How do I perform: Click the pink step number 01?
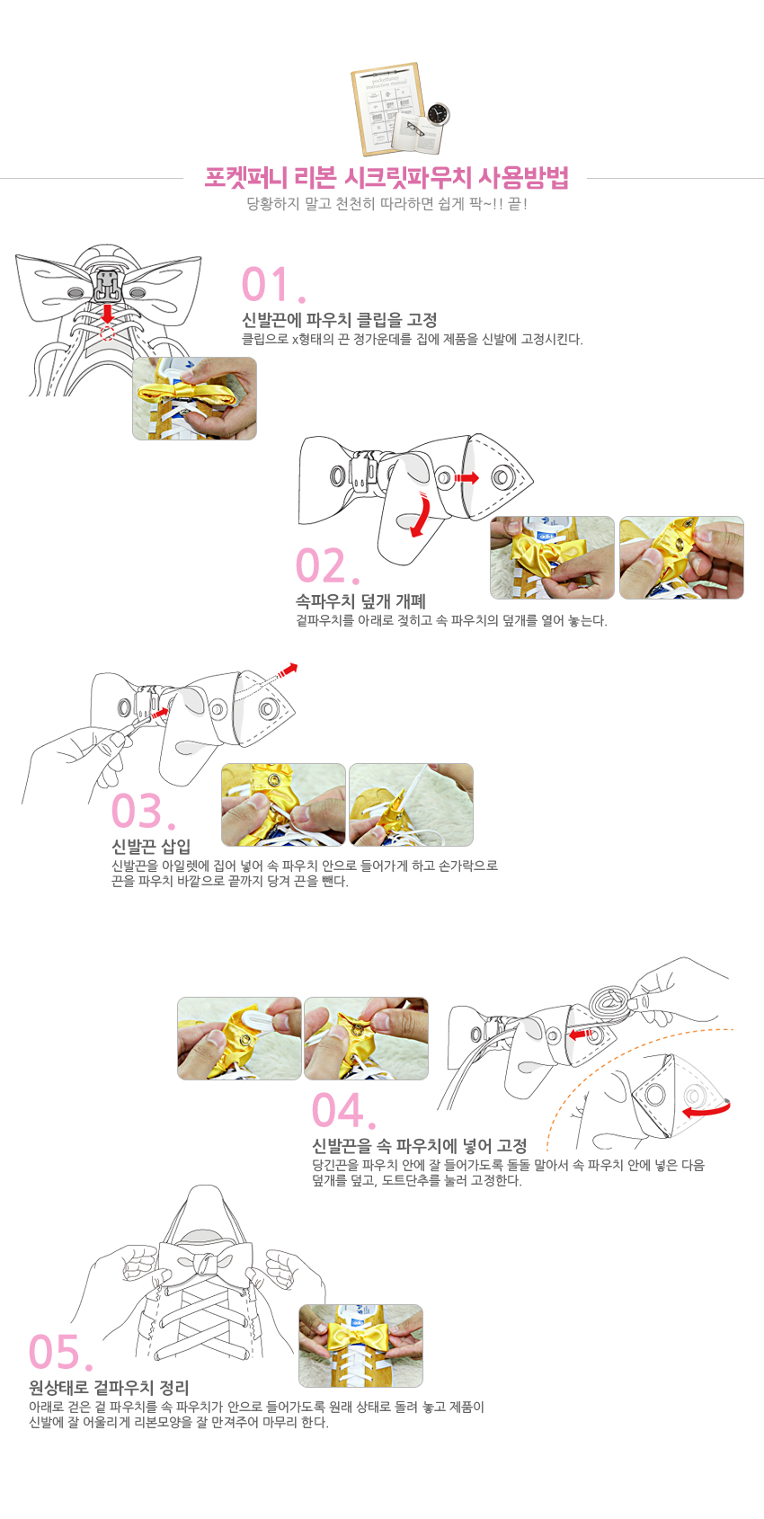[274, 284]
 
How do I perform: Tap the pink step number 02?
[327, 565]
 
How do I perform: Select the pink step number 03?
[143, 811]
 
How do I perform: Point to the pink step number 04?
[343, 1110]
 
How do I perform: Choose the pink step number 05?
[60, 1352]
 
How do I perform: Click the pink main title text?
[386, 177]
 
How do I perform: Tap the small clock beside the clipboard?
[438, 114]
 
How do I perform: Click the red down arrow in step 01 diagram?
[107, 314]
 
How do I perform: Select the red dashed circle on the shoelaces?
[107, 333]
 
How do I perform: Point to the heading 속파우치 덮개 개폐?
[360, 600]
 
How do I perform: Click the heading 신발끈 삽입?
[151, 846]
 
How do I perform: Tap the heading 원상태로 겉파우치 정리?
[109, 1388]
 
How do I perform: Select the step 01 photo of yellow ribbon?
[194, 399]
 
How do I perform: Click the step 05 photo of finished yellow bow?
[360, 1346]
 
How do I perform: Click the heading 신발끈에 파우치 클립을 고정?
[340, 319]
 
